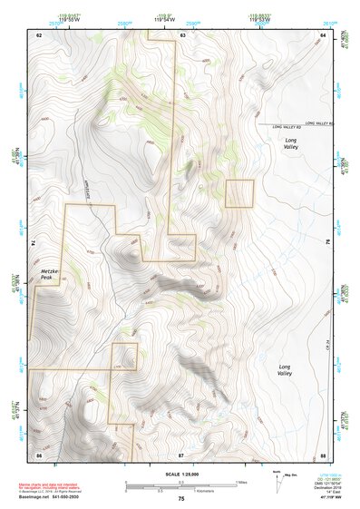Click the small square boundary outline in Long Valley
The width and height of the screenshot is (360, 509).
click(x=239, y=193)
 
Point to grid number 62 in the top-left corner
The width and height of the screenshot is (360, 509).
click(x=39, y=34)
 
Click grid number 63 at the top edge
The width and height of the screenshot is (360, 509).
click(x=182, y=34)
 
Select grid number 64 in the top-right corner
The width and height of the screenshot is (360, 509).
click(x=322, y=34)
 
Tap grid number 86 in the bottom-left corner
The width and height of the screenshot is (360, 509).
click(x=39, y=454)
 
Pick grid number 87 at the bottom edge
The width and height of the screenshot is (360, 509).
click(x=181, y=454)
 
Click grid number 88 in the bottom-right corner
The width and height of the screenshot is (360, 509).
click(x=322, y=454)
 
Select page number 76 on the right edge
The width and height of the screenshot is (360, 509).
click(x=327, y=243)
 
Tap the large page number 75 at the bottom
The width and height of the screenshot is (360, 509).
click(x=181, y=499)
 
